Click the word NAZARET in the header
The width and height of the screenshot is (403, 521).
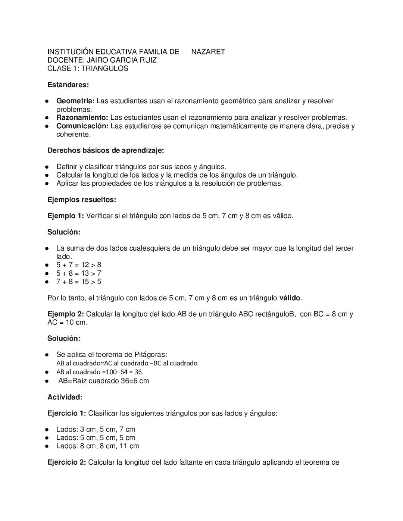point(208,52)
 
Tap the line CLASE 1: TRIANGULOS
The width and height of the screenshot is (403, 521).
point(88,68)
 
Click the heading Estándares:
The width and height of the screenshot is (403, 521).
point(68,85)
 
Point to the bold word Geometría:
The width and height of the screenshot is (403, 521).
point(76,101)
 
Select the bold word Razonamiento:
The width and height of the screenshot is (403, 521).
point(82,117)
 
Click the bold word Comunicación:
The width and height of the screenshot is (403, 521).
point(82,126)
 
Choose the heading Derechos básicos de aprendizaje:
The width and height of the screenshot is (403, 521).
point(106,151)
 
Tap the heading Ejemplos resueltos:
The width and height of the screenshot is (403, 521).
point(82,200)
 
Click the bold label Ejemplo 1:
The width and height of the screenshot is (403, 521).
point(66,216)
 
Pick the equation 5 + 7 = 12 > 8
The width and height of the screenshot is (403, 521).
point(79,265)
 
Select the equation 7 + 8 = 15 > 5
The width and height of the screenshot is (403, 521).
point(79,282)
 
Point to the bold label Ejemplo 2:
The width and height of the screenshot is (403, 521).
point(66,314)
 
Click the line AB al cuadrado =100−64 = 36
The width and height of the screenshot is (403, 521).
point(99,372)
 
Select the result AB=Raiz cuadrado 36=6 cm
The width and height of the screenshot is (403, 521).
point(104,381)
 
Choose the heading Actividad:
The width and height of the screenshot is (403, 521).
point(65,397)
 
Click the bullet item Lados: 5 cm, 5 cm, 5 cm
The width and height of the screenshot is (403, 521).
point(96,437)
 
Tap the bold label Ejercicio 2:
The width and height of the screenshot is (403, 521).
point(67,462)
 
